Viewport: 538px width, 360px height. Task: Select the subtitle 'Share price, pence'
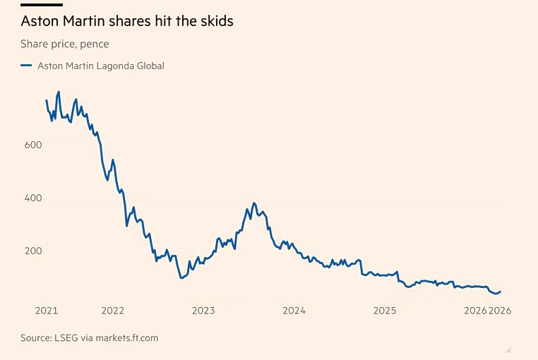(x=65, y=44)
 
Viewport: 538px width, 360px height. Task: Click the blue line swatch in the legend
(x=26, y=66)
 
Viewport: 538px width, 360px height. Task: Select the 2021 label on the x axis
(x=47, y=310)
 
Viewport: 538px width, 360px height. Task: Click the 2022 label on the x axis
(x=113, y=310)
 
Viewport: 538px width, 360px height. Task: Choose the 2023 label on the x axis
(x=203, y=310)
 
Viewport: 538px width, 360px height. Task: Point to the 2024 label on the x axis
(x=294, y=310)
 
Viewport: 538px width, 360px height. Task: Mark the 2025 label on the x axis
(x=385, y=310)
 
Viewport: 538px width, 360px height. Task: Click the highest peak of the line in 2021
(x=59, y=92)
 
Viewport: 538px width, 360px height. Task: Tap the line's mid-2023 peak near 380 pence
(x=254, y=203)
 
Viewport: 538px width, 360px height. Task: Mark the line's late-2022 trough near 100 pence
(x=182, y=278)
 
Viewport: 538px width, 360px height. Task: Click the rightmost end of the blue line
(x=501, y=292)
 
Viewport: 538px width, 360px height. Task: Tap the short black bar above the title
(x=42, y=5)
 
